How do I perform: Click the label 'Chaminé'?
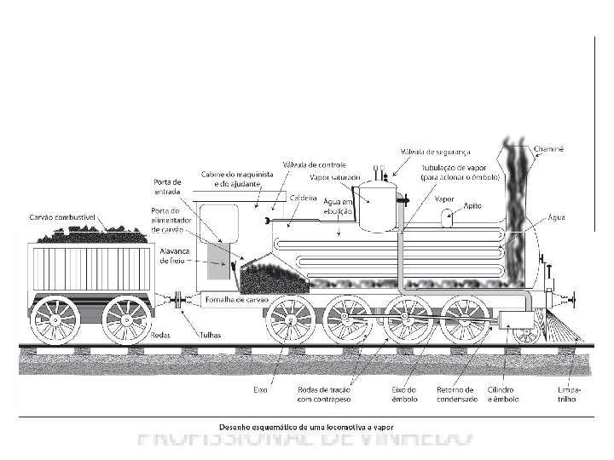(x=548, y=148)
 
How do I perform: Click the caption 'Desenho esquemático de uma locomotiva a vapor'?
(x=308, y=424)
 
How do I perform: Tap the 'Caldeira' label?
(x=304, y=197)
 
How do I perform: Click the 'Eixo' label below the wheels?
(x=261, y=388)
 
